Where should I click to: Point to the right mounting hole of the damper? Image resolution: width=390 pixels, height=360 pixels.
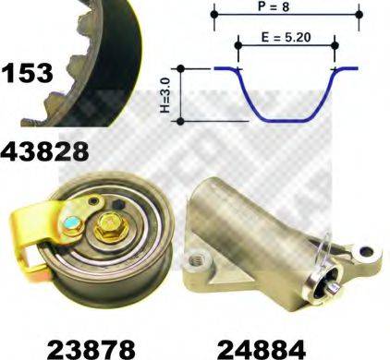point(366,248)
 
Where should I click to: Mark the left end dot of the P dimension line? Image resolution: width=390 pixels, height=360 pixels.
point(214,15)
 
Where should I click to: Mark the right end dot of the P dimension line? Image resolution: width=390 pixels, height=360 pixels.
point(357,15)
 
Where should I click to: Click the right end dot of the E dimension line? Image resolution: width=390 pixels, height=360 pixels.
point(333,42)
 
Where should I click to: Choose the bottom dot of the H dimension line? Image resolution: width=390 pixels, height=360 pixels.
point(182,120)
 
